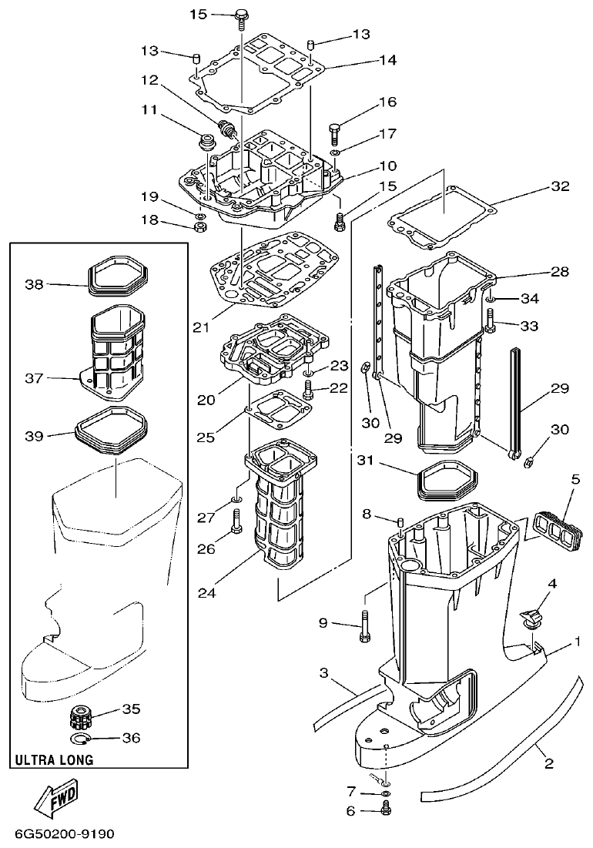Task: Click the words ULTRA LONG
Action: tap(54, 759)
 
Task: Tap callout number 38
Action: tap(34, 284)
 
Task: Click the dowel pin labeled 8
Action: tap(400, 525)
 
